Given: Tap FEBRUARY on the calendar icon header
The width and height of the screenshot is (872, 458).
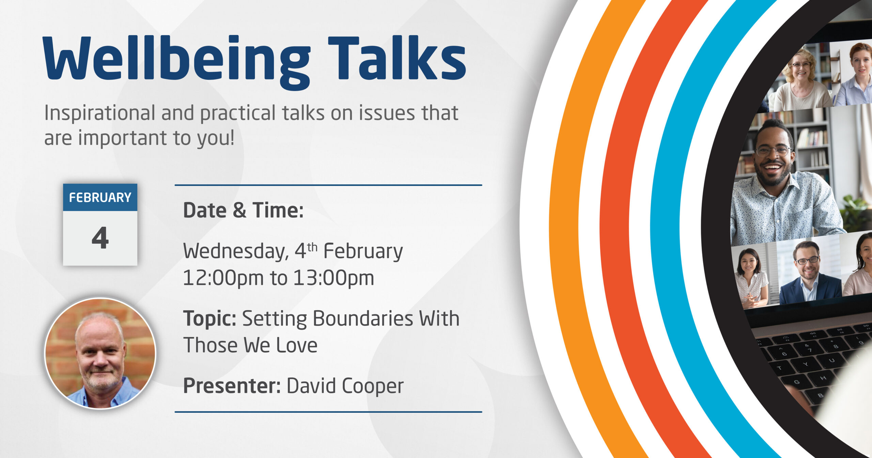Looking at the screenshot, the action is pyautogui.click(x=100, y=198).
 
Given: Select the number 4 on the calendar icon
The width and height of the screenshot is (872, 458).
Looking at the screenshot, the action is pyautogui.click(x=100, y=238).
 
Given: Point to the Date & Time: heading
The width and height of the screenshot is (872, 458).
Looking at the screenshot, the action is pyautogui.click(x=243, y=210).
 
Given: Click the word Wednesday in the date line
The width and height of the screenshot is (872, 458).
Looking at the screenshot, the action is pyautogui.click(x=236, y=252).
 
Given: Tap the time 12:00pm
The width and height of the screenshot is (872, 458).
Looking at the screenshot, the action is pyautogui.click(x=223, y=278).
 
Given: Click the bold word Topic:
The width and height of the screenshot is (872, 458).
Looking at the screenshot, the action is pyautogui.click(x=210, y=319).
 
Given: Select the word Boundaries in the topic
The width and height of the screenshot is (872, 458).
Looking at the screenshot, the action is pyautogui.click(x=362, y=319).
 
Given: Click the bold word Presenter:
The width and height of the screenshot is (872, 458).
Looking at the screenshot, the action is pyautogui.click(x=232, y=386).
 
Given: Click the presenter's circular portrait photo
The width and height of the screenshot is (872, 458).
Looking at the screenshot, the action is pyautogui.click(x=100, y=353).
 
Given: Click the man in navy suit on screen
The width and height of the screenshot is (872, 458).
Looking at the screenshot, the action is pyautogui.click(x=809, y=273).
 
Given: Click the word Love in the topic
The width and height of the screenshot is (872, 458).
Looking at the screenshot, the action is pyautogui.click(x=297, y=346).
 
